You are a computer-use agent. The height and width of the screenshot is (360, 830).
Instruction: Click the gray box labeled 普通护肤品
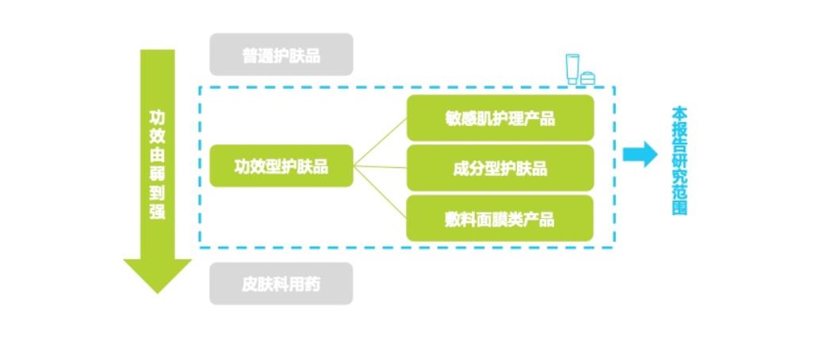coord(281,55)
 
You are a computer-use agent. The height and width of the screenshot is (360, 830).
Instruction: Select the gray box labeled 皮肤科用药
coord(281,284)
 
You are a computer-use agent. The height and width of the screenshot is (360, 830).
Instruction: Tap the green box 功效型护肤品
coord(281,166)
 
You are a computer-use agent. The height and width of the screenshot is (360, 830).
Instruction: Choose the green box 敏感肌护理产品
coord(499,118)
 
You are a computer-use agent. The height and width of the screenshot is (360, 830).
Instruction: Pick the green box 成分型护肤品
coord(499,168)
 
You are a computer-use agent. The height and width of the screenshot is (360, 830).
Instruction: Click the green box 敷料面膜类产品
coord(499,218)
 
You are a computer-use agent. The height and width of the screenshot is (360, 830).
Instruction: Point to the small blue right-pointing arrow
coord(640,154)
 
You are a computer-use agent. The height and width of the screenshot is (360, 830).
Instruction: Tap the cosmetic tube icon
coord(572,68)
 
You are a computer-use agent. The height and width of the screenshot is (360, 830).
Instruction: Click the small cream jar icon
coord(587,77)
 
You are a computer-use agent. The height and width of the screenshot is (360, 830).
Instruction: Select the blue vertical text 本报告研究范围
coord(679,160)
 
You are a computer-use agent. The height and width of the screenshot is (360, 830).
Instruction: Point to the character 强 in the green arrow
coord(158,212)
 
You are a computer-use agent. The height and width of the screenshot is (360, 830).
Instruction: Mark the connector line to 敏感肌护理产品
coord(380,143)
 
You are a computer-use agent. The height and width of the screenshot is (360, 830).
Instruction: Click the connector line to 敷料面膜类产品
coord(380,190)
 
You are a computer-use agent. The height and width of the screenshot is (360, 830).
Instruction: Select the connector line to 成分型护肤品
coord(380,167)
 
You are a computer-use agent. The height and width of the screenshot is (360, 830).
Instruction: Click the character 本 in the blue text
coord(679,113)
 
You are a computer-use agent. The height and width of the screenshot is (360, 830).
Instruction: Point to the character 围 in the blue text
coord(679,209)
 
